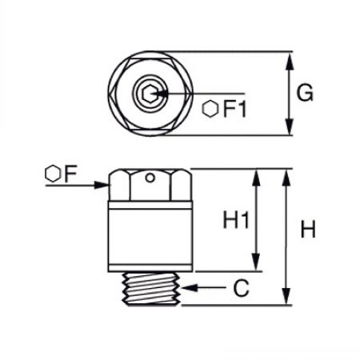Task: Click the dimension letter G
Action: point(305,93)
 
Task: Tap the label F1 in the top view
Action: point(234,109)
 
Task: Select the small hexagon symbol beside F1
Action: point(210,109)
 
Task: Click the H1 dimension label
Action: point(236,219)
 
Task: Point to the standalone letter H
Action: point(308,229)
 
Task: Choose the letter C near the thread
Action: point(241,288)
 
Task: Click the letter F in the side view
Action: point(70,174)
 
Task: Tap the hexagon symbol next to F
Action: point(53,174)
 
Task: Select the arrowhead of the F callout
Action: point(102,185)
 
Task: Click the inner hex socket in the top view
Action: point(149,94)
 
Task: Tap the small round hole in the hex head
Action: point(150,178)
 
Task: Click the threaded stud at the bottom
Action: point(150,289)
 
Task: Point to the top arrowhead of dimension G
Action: point(290,61)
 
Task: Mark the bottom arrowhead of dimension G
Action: point(290,127)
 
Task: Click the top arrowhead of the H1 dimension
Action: point(256,178)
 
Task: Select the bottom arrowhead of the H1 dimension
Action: point(256,262)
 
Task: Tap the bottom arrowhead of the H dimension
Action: point(286,296)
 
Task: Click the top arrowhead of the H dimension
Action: point(286,178)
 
